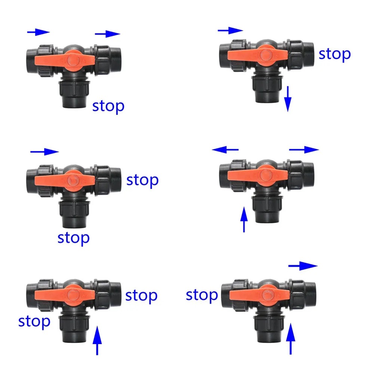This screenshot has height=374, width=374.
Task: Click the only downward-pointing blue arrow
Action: coord(288,99)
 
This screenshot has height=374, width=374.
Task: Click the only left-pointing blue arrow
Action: coord(225,149)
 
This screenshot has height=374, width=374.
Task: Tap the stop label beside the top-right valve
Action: coord(335,55)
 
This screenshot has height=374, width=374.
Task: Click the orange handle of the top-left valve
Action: coord(65,61)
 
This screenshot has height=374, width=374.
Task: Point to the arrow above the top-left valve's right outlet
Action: coord(108,34)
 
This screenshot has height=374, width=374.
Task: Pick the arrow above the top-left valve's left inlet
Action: coord(38,32)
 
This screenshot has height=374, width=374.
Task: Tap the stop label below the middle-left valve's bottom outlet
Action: coord(74,238)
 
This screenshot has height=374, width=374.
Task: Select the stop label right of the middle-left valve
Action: coord(142,181)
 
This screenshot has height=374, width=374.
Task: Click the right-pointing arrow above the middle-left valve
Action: coord(44,151)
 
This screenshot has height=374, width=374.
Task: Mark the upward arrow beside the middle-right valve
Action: coord(244,219)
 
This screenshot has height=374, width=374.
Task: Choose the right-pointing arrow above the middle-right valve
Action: coord(304,149)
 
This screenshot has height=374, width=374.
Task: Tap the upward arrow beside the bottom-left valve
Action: coord(97,340)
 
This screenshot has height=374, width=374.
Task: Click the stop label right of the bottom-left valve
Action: coord(141,296)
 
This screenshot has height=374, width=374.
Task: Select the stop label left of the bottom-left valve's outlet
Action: coord(34,322)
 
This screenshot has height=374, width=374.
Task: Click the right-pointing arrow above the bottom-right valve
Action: coord(303,266)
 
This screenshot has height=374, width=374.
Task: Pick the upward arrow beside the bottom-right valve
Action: coord(291,339)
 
